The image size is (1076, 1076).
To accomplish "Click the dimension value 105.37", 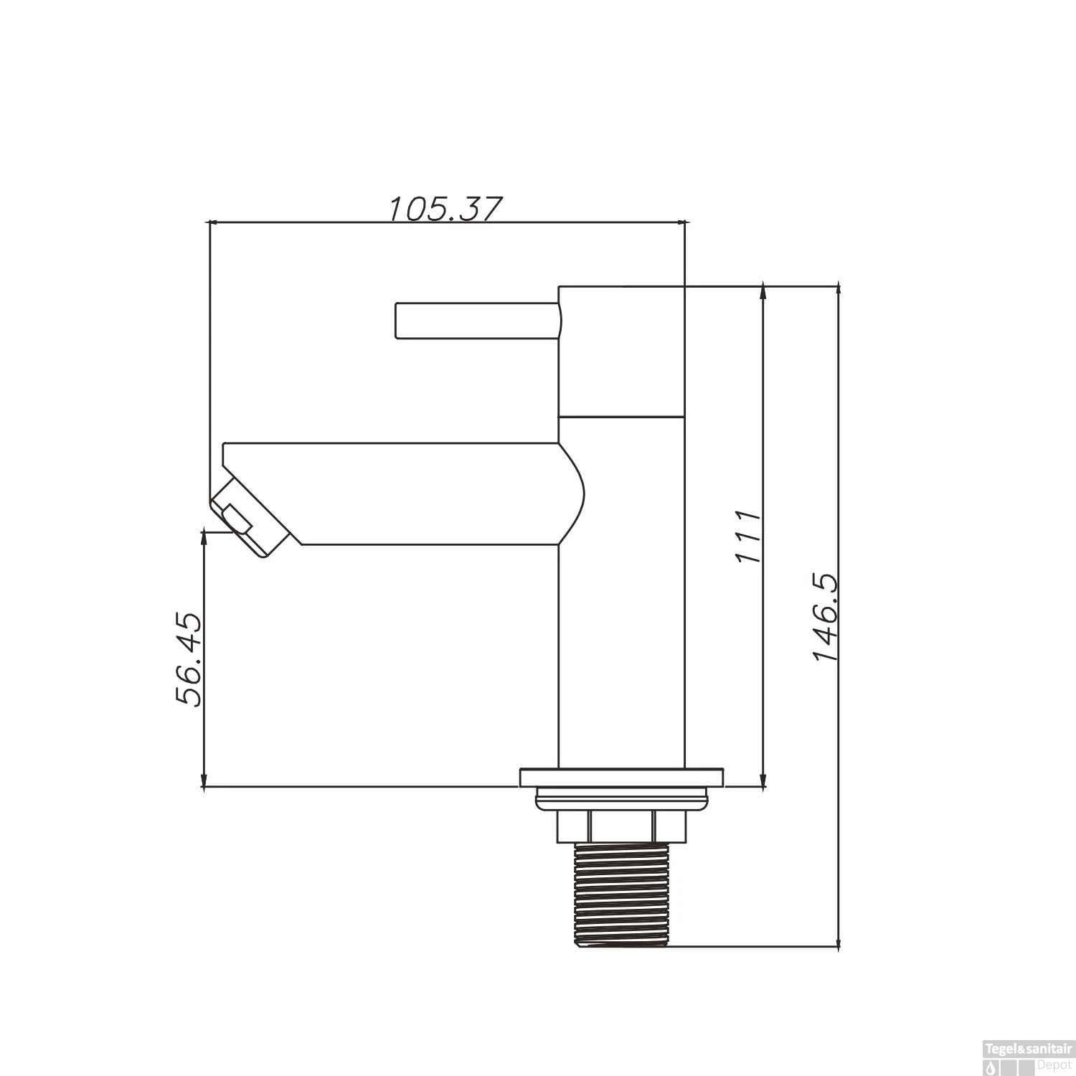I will [x=443, y=209].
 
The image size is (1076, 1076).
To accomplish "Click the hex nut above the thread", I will [x=621, y=826].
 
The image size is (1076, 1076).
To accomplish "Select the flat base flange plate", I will [x=621, y=778].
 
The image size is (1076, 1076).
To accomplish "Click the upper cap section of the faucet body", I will [x=621, y=350].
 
